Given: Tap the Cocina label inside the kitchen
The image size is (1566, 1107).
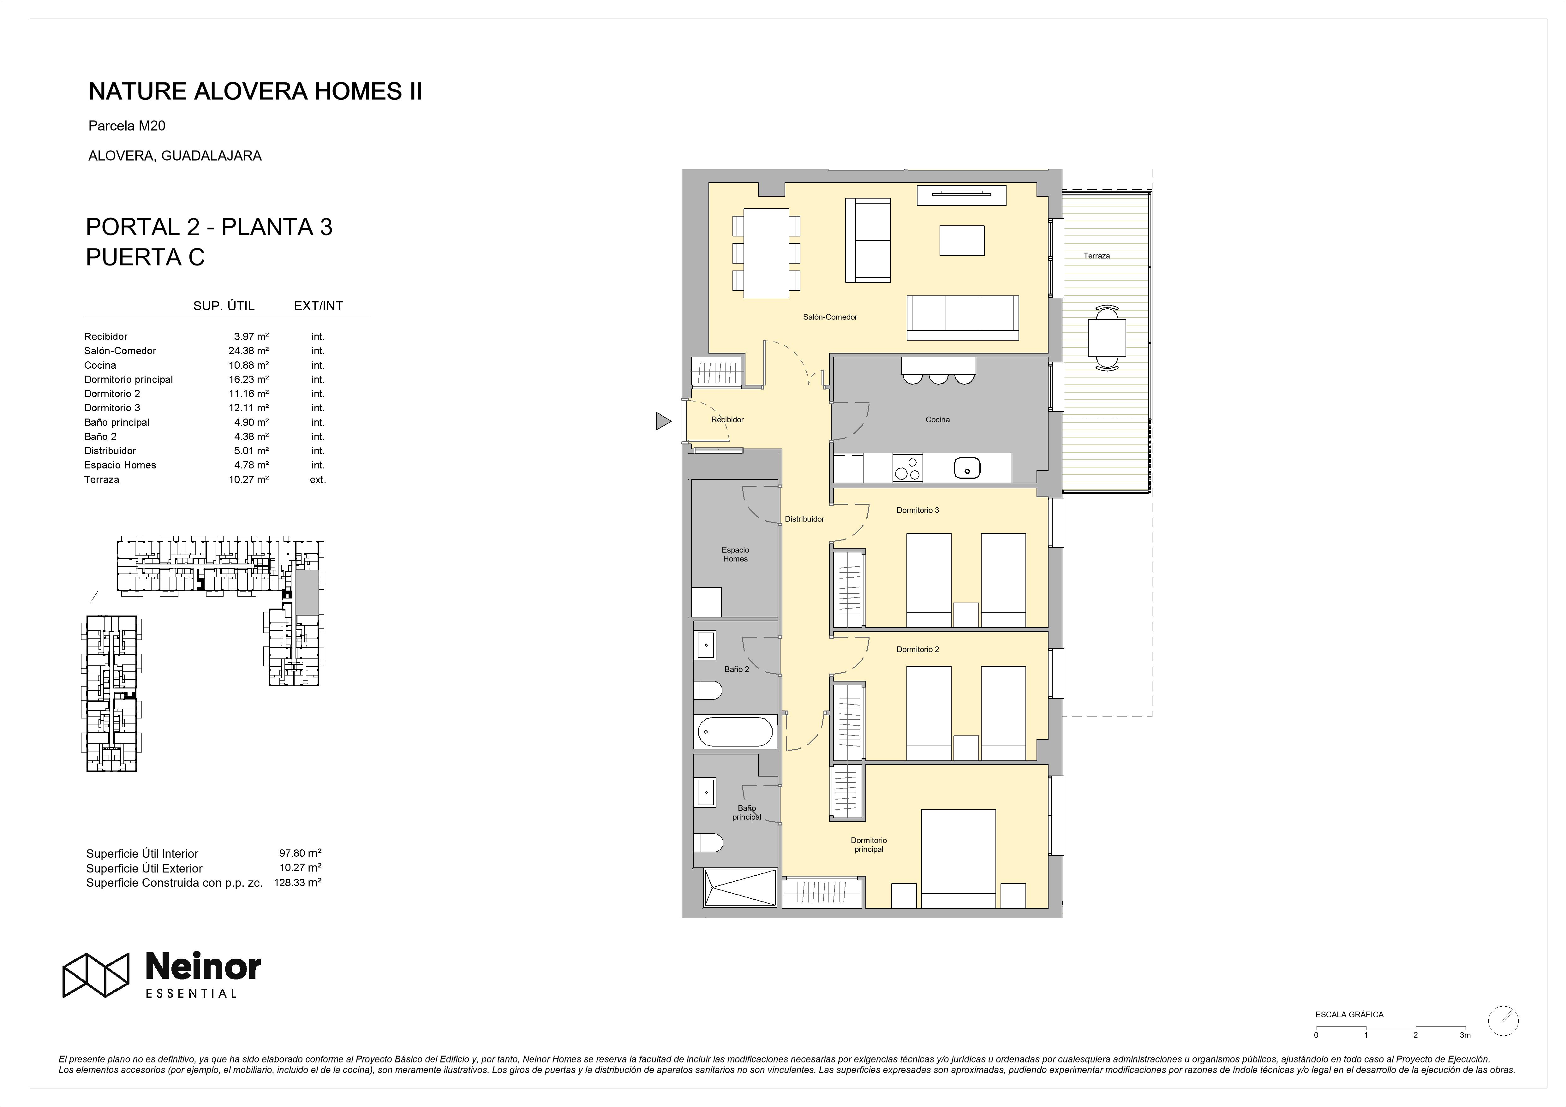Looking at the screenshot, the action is pos(937,420).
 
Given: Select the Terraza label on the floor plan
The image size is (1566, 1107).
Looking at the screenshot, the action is pos(1097,256).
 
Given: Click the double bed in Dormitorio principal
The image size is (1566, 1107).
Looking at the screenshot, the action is pos(958,858).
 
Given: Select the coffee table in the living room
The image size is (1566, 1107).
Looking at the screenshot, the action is pos(962,240).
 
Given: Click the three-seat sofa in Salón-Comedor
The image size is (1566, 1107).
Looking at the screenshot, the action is pos(962,318).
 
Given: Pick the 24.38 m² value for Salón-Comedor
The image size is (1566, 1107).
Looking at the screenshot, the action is pos(248,351).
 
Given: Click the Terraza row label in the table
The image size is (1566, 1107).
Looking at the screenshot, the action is pos(102,479).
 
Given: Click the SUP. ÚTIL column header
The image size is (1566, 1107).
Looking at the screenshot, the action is pos(224,306).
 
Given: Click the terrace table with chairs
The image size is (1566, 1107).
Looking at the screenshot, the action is pos(1106,338).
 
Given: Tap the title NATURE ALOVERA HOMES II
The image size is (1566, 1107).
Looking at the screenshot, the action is pos(256,92).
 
